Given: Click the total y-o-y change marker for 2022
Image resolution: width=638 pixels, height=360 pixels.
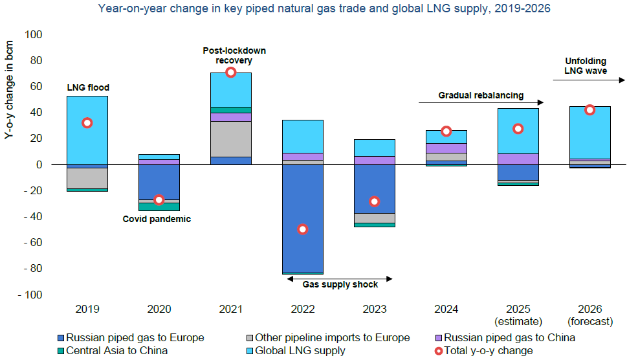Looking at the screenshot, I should (x=302, y=229).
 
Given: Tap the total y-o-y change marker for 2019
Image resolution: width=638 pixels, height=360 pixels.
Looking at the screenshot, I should (x=87, y=123).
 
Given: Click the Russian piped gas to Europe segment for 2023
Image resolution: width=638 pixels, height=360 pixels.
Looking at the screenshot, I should (x=374, y=188).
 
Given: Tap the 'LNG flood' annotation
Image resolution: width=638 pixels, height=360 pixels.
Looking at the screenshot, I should (x=88, y=87).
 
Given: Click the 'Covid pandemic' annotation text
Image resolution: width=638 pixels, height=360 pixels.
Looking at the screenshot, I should (x=157, y=219).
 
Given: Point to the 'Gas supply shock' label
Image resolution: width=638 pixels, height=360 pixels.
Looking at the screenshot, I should (x=340, y=284).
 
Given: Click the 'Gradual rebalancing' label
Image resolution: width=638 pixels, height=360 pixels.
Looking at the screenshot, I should (x=481, y=95).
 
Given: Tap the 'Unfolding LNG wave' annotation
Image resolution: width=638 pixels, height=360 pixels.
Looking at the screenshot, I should (x=586, y=66).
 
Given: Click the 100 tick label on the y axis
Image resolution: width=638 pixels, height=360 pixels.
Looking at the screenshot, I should (x=33, y=34).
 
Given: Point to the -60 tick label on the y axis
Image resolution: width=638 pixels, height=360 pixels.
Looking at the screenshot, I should (x=32, y=242).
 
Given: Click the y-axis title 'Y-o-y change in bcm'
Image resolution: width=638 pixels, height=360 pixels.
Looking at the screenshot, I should (x=9, y=96).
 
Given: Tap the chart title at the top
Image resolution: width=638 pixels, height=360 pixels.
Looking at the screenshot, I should (x=318, y=9).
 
